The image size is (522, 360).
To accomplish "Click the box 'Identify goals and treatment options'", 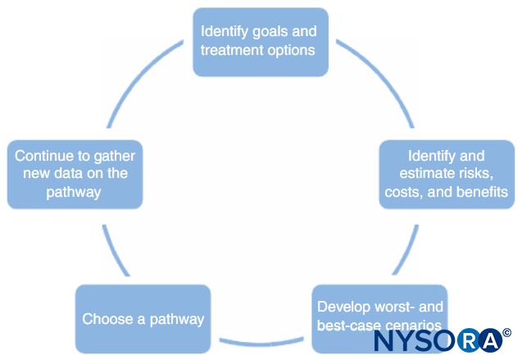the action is (x=261, y=43).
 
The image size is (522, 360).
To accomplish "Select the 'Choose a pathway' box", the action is (x=143, y=319).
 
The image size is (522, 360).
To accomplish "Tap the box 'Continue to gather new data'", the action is (x=75, y=175).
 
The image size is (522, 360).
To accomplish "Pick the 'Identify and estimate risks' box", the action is (x=447, y=175).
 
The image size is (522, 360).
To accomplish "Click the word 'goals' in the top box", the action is (x=270, y=32).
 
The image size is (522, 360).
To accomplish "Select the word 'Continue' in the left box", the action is (x=44, y=156).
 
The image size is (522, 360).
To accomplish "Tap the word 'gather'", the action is (x=115, y=157).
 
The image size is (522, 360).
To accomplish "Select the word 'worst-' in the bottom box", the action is (x=393, y=307).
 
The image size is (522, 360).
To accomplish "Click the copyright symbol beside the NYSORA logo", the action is (x=506, y=332).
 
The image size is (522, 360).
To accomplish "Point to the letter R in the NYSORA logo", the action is (x=468, y=340).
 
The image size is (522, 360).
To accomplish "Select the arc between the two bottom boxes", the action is (x=261, y=342).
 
